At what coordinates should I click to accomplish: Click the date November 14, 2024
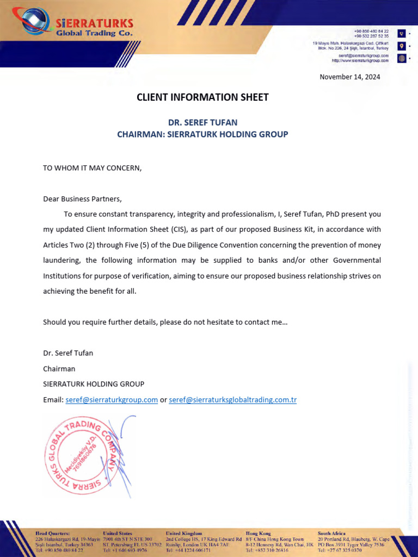click(349, 77)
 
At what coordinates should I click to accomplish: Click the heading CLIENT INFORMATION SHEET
click(202, 97)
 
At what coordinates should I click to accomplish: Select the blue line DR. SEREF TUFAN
click(202, 123)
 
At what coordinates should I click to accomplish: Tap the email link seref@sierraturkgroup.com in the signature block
click(112, 400)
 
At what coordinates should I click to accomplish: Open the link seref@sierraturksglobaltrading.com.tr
click(233, 400)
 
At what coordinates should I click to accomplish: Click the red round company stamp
click(80, 455)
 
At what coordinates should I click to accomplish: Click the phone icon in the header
click(402, 34)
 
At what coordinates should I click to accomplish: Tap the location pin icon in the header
click(402, 46)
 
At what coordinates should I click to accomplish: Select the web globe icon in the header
click(402, 58)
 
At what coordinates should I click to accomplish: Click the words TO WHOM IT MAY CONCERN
click(92, 168)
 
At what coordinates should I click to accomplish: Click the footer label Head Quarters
click(53, 534)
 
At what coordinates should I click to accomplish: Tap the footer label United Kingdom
click(184, 534)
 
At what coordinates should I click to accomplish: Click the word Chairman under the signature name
click(59, 369)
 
